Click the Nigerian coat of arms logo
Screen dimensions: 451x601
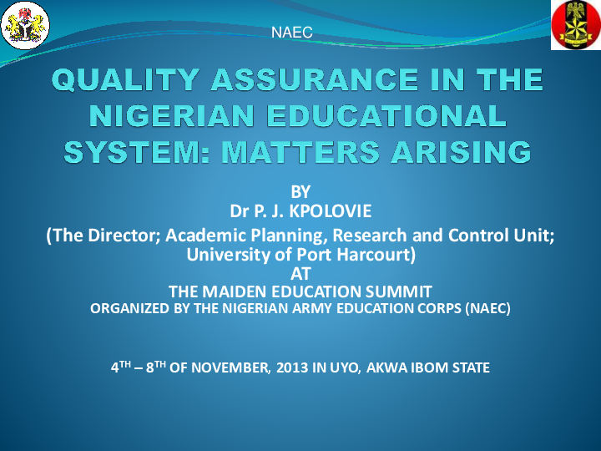[x=27, y=25]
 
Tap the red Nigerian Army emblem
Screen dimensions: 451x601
[x=575, y=25]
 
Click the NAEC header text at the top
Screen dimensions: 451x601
[x=292, y=33]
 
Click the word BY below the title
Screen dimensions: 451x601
[x=300, y=192]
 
